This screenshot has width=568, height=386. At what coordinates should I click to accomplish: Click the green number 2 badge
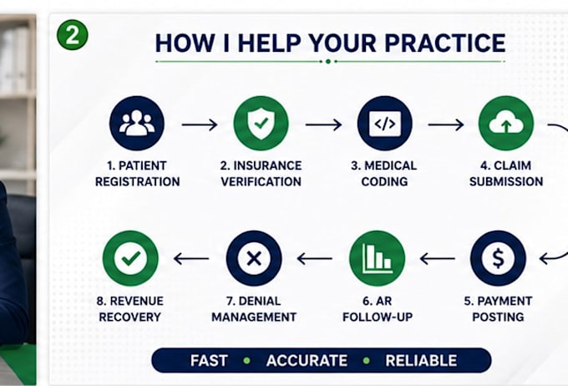click(x=73, y=35)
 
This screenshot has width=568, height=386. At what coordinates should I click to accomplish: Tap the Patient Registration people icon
click(x=137, y=123)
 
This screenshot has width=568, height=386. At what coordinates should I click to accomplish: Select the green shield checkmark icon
click(x=261, y=123)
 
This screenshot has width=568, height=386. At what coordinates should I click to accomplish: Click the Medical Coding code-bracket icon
click(x=385, y=123)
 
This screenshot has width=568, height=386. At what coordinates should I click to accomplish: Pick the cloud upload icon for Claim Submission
click(x=506, y=123)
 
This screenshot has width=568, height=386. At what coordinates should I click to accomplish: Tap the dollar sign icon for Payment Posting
click(x=498, y=258)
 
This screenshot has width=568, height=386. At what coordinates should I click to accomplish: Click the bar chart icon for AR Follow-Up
click(x=377, y=258)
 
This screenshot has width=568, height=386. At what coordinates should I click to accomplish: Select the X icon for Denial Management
click(x=254, y=258)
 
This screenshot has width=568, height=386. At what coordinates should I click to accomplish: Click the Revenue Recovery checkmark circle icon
click(x=130, y=258)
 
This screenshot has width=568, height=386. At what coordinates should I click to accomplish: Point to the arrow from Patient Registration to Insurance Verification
click(x=200, y=124)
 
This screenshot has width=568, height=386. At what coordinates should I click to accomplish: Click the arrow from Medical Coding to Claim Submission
click(x=446, y=124)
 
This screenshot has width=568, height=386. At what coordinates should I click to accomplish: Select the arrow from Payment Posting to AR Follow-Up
click(x=438, y=259)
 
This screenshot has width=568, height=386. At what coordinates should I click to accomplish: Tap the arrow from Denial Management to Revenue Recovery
click(x=191, y=259)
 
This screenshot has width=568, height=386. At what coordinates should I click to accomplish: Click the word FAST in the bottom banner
click(x=209, y=361)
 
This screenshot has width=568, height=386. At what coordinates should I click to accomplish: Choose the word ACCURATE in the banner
click(x=307, y=361)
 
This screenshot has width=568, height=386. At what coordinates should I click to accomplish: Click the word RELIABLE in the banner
click(x=421, y=361)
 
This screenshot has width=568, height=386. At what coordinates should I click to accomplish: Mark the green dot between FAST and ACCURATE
click(x=247, y=361)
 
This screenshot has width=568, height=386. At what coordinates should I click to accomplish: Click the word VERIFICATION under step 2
click(x=261, y=181)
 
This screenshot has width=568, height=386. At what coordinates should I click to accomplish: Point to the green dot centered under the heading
click(x=328, y=61)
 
